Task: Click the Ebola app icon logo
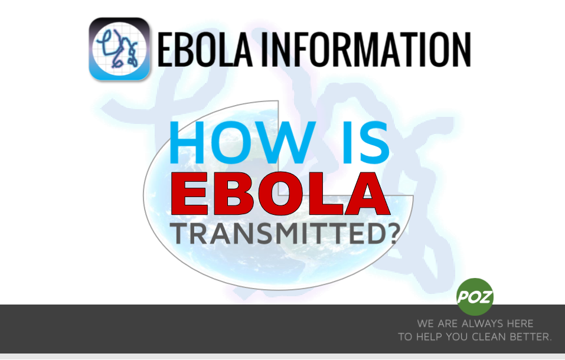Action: click(x=119, y=49)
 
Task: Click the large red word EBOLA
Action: click(x=280, y=195)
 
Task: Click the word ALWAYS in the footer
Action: click(x=479, y=323)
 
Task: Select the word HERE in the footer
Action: click(x=518, y=323)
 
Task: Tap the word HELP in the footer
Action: click(x=429, y=337)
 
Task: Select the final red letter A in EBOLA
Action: click(x=365, y=195)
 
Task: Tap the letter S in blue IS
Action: click(x=372, y=143)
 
